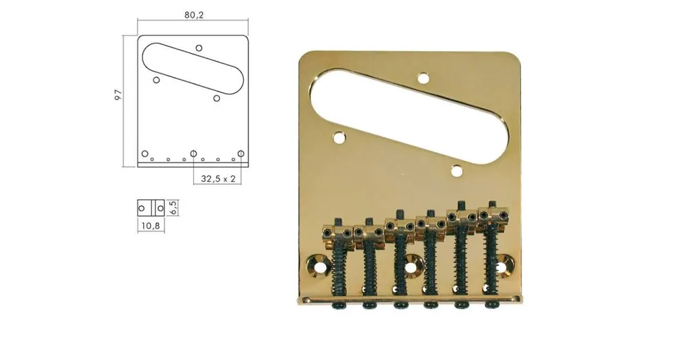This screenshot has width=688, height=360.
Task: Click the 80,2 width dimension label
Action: point(194,15)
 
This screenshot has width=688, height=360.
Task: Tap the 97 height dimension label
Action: point(118,95)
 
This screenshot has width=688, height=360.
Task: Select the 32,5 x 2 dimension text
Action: point(218,179)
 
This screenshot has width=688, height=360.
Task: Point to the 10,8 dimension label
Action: point(151,226)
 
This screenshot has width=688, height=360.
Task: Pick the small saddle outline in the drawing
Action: point(151,208)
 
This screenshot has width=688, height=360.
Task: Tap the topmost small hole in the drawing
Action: point(199,48)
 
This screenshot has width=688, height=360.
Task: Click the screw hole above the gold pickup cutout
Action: point(423,78)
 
